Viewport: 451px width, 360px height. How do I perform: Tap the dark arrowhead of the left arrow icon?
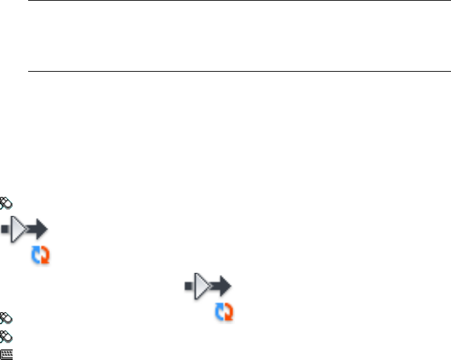click(x=42, y=229)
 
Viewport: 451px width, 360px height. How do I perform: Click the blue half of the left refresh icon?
click(x=37, y=255)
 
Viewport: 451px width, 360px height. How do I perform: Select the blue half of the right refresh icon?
click(x=220, y=311)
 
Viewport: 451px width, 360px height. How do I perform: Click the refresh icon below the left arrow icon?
click(x=42, y=256)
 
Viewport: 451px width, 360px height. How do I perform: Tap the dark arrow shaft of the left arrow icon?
click(x=33, y=229)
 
